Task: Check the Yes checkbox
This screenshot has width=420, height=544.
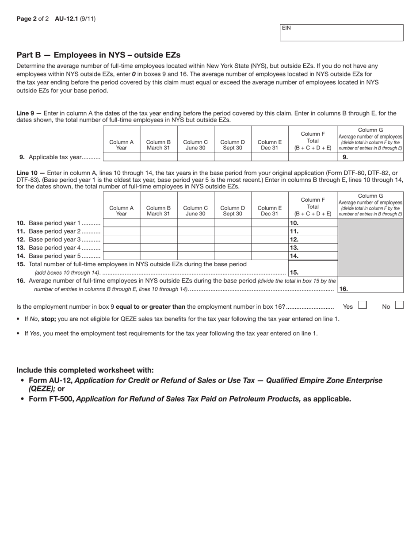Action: tap(362, 305)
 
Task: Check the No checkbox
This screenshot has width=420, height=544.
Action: tap(399, 305)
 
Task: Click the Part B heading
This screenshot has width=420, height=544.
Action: tap(98, 55)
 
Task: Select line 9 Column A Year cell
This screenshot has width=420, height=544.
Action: tap(122, 157)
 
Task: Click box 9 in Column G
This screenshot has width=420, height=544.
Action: tap(370, 157)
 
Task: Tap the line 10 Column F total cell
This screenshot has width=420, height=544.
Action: tap(313, 223)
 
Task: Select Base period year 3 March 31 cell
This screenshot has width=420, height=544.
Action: tap(159, 239)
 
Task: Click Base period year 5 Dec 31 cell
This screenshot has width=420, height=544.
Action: tap(270, 256)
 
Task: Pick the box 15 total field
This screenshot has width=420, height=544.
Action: tap(313, 272)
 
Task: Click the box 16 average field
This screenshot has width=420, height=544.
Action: tap(370, 288)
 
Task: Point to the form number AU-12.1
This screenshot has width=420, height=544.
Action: tap(66, 19)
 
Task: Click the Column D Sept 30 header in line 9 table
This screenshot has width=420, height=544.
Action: tap(233, 145)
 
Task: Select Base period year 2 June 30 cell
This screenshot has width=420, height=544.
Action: tap(196, 231)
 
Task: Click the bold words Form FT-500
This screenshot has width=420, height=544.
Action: tap(51, 398)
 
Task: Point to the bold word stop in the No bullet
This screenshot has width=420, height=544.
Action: tap(49, 318)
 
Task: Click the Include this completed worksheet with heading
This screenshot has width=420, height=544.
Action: tap(85, 370)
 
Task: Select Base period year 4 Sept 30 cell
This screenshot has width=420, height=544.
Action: tap(233, 247)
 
